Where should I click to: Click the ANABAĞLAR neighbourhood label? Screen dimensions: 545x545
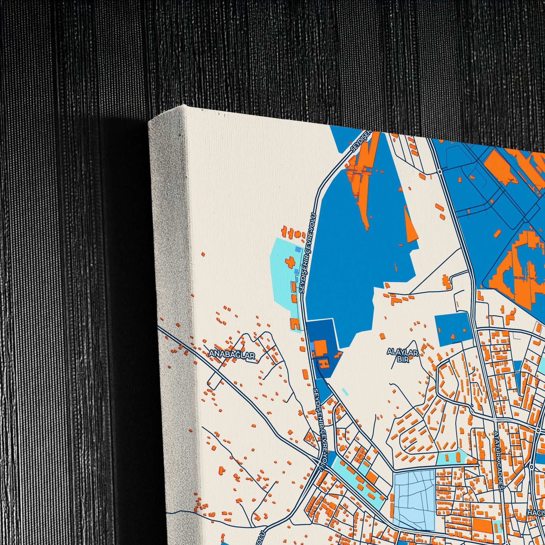[232, 354]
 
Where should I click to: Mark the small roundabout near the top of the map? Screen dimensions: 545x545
[440, 171]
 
